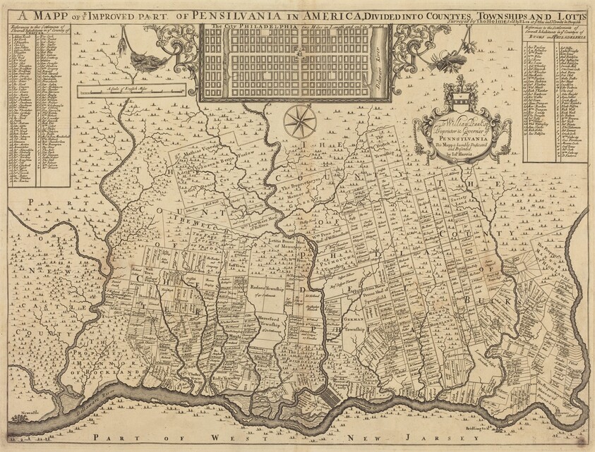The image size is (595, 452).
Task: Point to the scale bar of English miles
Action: [x=131, y=90]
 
